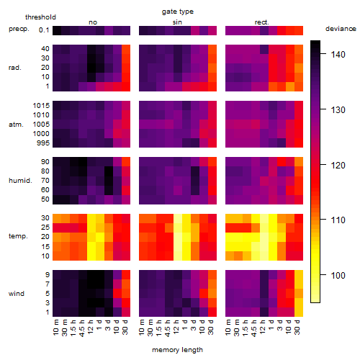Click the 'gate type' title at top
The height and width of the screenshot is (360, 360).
pyautogui.click(x=178, y=12)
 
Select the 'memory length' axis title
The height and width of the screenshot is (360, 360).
pyautogui.click(x=177, y=350)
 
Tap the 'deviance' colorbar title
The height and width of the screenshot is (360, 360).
pyautogui.click(x=341, y=29)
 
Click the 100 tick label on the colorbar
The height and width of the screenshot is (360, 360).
pyautogui.click(x=338, y=275)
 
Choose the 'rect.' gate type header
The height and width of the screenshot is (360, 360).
pyautogui.click(x=262, y=22)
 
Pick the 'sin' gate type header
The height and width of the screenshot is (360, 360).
pyautogui.click(x=177, y=22)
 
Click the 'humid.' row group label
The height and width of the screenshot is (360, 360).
pyautogui.click(x=20, y=181)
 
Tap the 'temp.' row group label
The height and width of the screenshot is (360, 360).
pyautogui.click(x=18, y=236)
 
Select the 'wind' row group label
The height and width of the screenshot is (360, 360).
pyautogui.click(x=17, y=294)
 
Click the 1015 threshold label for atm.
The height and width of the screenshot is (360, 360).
pyautogui.click(x=41, y=106)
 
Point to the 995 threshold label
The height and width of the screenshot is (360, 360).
pyautogui.click(x=43, y=143)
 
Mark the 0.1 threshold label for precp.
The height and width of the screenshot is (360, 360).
pyautogui.click(x=44, y=30)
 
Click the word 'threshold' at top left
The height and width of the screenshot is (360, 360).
pyautogui.click(x=40, y=17)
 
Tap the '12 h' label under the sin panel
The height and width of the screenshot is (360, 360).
pyautogui.click(x=176, y=327)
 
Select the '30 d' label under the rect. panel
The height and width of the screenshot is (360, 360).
pyautogui.click(x=297, y=328)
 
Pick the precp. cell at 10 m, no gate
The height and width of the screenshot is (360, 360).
pyautogui.click(x=57, y=30)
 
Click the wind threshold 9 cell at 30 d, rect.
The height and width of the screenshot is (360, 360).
pyautogui.click(x=299, y=275)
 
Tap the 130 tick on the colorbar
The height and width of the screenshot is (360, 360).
pyautogui.click(x=323, y=109)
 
